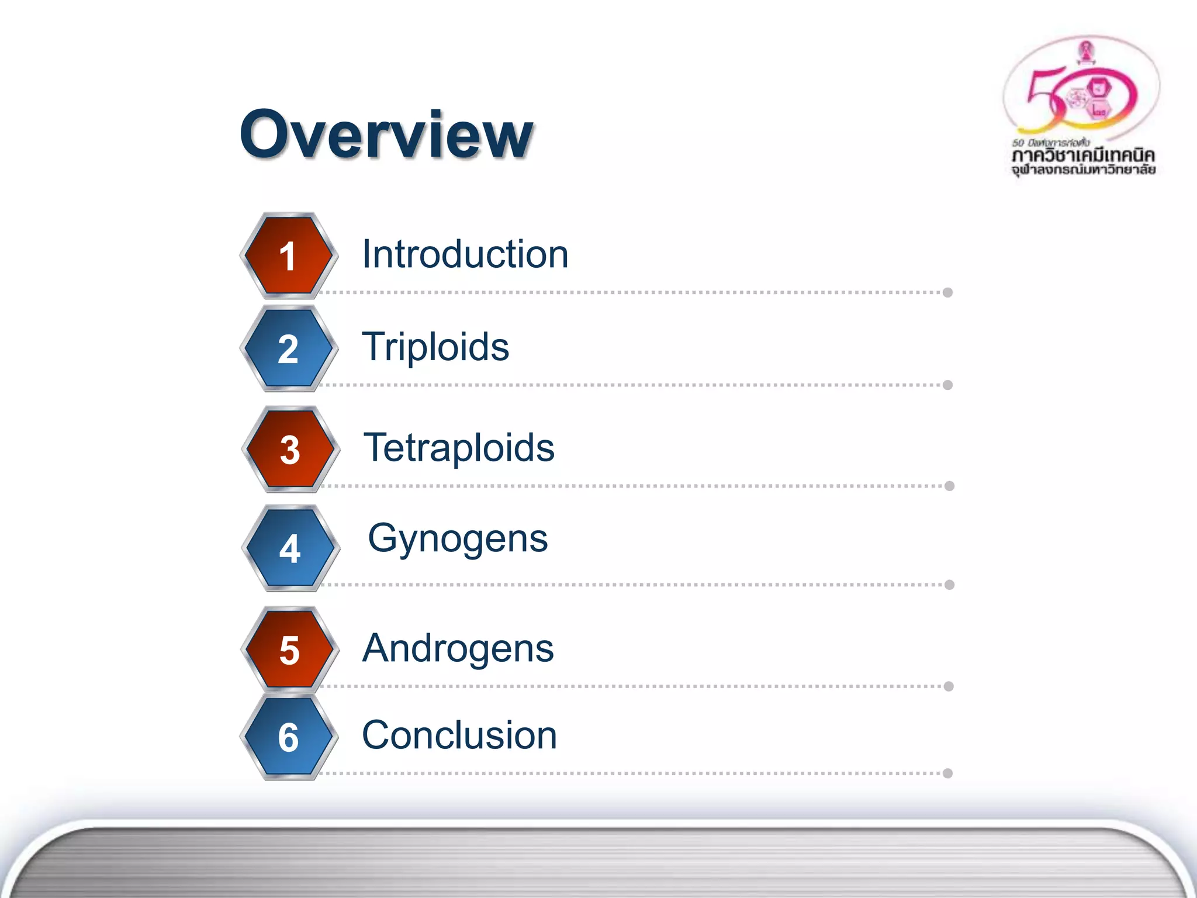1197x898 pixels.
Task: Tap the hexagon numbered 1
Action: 289,255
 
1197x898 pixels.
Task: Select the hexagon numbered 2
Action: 289,348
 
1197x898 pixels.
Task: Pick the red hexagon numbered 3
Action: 290,449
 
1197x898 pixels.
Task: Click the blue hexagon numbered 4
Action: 290,548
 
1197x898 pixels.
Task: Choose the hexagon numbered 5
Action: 289,649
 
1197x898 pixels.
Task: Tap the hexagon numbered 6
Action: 289,737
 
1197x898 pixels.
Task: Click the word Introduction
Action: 465,254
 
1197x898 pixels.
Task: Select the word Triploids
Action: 435,347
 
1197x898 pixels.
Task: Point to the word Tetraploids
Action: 459,448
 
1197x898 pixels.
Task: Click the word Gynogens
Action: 458,538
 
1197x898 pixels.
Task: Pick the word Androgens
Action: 458,648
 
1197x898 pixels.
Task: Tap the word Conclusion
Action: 459,735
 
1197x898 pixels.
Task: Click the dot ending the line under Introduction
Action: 948,292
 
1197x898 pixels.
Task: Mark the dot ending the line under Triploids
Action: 948,385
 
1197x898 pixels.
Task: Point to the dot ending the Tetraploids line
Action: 950,486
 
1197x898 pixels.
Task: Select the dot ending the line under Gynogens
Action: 950,585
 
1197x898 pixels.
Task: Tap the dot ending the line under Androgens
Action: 949,686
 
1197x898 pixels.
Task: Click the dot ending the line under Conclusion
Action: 948,773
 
